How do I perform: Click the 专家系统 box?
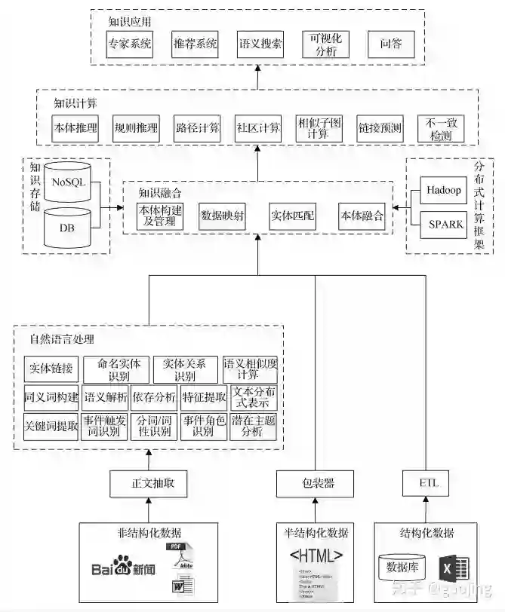point(130,44)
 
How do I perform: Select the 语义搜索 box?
point(260,44)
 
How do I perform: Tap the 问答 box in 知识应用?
point(391,44)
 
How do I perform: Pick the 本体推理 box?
point(75,128)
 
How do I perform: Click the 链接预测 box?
point(380,128)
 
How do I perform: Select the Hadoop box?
point(442,191)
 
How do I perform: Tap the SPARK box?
point(442,224)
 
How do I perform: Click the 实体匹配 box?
point(292,216)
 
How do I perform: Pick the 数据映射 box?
point(222,216)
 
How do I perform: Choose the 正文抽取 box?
point(148,483)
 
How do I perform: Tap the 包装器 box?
point(314,483)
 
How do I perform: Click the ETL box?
point(428,483)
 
